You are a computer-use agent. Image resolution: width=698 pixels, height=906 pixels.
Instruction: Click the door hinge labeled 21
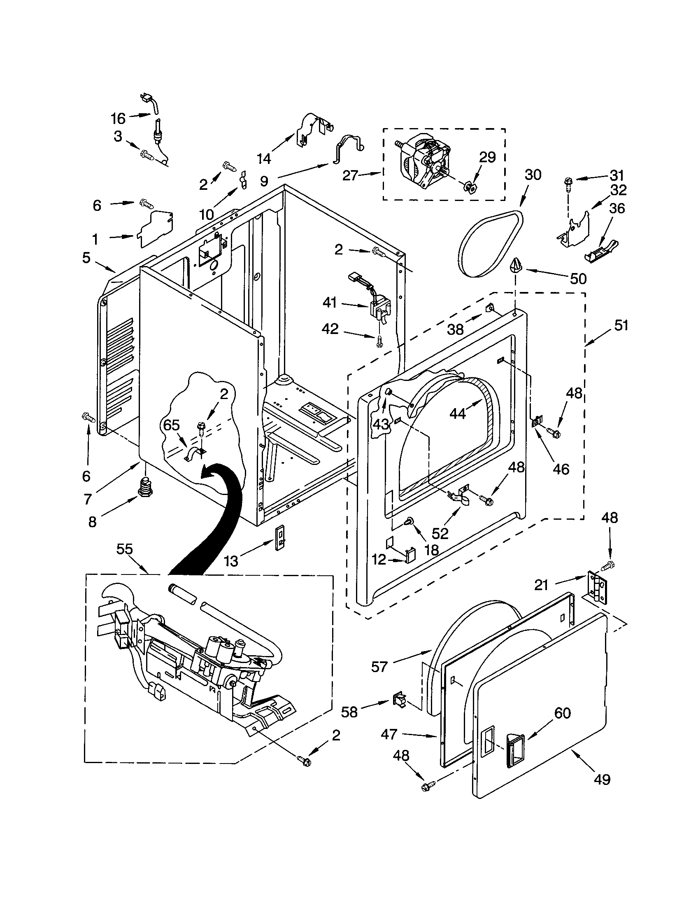click(x=598, y=588)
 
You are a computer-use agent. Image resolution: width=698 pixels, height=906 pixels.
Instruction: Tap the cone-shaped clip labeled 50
click(x=516, y=265)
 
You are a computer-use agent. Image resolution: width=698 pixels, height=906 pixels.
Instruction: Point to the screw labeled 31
click(x=568, y=182)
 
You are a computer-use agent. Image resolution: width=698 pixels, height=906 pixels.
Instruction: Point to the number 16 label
click(x=118, y=119)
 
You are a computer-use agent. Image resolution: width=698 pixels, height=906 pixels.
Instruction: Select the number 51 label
click(x=621, y=326)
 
